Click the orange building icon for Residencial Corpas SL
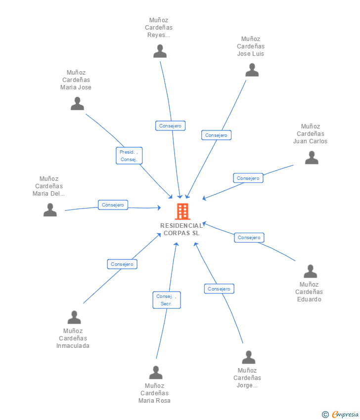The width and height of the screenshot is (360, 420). (182, 211)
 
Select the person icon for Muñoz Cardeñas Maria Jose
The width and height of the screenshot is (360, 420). (77, 104)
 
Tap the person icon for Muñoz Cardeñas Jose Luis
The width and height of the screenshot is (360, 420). (252, 70)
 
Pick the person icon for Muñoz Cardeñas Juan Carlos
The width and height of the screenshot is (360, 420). (312, 158)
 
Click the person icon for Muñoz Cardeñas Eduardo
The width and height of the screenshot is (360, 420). (310, 271)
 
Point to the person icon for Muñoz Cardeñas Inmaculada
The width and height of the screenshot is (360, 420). (74, 317)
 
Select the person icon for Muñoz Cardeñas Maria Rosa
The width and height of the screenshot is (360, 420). (156, 373)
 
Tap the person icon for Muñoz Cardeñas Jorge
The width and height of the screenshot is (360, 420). (249, 357)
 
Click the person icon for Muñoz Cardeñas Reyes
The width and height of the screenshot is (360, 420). (160, 51)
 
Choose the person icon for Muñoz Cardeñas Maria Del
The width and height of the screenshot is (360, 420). (50, 210)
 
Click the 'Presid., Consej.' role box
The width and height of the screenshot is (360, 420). (129, 156)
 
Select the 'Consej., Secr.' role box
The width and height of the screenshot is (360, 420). (167, 300)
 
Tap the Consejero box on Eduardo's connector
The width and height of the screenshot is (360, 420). (249, 238)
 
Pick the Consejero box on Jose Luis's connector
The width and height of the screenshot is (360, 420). (216, 135)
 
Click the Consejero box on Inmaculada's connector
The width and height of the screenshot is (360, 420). (122, 264)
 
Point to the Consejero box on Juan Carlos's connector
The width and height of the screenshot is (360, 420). (248, 178)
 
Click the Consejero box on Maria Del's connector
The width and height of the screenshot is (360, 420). (113, 205)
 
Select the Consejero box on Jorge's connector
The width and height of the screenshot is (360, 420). (219, 289)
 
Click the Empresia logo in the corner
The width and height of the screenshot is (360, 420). (341, 415)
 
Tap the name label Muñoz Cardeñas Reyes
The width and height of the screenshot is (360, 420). (159, 28)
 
